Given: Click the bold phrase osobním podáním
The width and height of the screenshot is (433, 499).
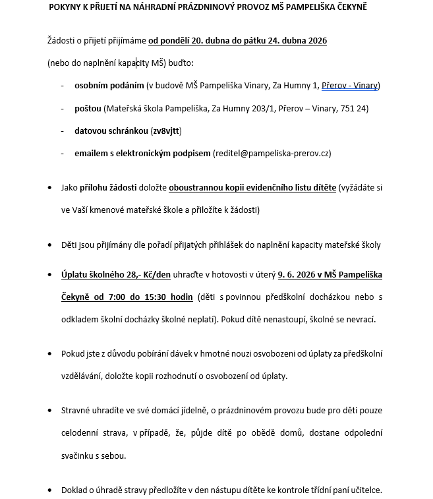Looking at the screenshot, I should (x=109, y=86).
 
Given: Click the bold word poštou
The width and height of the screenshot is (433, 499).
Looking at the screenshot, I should (x=88, y=108).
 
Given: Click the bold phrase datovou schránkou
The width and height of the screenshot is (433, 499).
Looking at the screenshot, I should (x=110, y=131).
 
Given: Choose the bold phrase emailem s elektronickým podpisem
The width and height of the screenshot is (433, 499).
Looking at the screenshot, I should (x=142, y=153).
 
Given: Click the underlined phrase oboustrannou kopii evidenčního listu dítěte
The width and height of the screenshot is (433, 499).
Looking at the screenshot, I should (x=252, y=187).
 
